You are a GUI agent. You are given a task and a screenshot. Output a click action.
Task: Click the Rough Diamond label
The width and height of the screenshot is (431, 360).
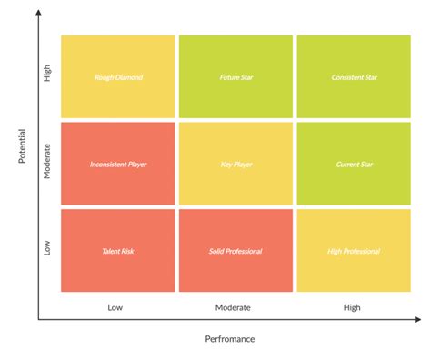(x=118, y=77)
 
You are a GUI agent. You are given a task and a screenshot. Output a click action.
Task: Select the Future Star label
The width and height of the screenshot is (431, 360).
(x=236, y=77)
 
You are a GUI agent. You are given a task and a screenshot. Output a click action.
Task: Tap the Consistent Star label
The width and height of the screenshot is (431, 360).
(x=354, y=77)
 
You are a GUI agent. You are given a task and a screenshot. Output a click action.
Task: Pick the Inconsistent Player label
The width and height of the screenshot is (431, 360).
(x=118, y=165)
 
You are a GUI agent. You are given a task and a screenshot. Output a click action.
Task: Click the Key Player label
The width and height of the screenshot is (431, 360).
(x=236, y=165)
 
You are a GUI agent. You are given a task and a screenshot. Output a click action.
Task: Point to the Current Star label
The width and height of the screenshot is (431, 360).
(x=354, y=165)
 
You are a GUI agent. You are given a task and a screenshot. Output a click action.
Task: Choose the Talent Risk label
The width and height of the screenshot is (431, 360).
(x=118, y=251)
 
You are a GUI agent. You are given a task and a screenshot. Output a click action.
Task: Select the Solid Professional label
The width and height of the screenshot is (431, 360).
(x=236, y=251)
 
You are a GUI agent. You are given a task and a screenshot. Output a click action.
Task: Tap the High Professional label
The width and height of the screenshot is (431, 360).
(x=354, y=251)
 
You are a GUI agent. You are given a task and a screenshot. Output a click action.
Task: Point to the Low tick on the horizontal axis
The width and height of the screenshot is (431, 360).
(x=115, y=307)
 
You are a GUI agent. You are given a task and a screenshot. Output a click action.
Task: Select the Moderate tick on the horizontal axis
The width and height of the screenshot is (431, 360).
(x=233, y=307)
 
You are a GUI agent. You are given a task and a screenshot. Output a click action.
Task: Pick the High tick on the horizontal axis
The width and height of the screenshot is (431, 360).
(x=352, y=307)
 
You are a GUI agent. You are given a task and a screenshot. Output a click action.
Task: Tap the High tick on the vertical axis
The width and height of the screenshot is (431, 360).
(x=48, y=76)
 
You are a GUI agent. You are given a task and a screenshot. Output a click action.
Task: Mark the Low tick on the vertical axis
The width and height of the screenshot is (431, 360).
(x=48, y=247)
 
